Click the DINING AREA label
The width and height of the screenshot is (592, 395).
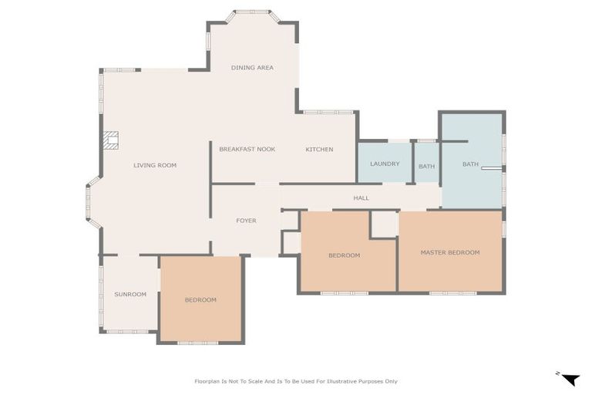click(252, 68)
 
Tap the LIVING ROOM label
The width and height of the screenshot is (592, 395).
click(155, 165)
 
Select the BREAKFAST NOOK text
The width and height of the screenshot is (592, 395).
click(247, 150)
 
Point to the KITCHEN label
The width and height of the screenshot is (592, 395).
click(319, 150)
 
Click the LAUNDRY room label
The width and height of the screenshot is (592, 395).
click(385, 164)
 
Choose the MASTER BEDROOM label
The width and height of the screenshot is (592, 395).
click(450, 252)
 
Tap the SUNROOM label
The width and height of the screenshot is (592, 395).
click(130, 294)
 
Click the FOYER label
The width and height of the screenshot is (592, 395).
click(246, 221)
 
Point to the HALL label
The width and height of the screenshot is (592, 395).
click(362, 197)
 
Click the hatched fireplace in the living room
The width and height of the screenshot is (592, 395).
click(111, 140)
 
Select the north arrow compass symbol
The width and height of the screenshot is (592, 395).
click(570, 379)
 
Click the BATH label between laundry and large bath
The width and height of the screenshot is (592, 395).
click(426, 167)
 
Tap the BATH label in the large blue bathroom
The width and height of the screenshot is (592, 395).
click(470, 164)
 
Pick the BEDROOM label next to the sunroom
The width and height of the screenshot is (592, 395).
click(200, 300)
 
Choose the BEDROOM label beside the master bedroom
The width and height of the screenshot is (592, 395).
click(344, 255)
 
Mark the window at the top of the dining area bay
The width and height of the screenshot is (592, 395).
click(253, 12)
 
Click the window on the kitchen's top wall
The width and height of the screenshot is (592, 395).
click(328, 113)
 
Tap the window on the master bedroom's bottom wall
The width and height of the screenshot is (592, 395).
click(452, 293)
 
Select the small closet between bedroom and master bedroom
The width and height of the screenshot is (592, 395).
click(385, 224)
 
